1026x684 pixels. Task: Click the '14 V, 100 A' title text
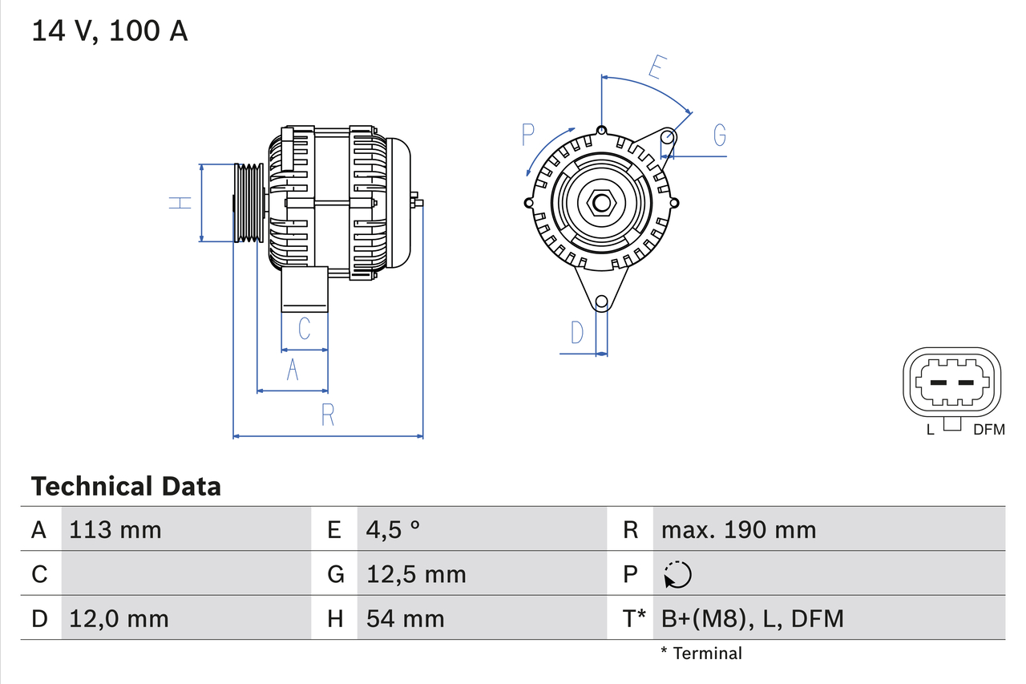(110, 31)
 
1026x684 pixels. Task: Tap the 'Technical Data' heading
(126, 487)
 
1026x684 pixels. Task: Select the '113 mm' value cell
(115, 530)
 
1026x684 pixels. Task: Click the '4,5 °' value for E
(393, 530)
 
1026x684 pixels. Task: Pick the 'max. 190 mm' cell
(738, 530)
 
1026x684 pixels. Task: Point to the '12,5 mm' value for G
(416, 574)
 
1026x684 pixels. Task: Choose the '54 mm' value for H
(405, 618)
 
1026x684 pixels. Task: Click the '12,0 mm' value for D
(119, 618)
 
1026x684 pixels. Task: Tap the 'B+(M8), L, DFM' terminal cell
(752, 618)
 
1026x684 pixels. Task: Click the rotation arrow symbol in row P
(677, 574)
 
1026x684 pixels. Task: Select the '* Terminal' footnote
(701, 654)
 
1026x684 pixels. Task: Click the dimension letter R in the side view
(327, 415)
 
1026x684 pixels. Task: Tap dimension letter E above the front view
(655, 69)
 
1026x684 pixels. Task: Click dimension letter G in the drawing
(720, 136)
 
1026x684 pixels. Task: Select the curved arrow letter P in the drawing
(527, 135)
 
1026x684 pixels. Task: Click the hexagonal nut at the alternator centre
(601, 202)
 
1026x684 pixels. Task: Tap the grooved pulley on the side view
(249, 203)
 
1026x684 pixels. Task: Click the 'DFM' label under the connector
(988, 430)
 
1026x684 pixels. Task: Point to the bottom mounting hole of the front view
(601, 302)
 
